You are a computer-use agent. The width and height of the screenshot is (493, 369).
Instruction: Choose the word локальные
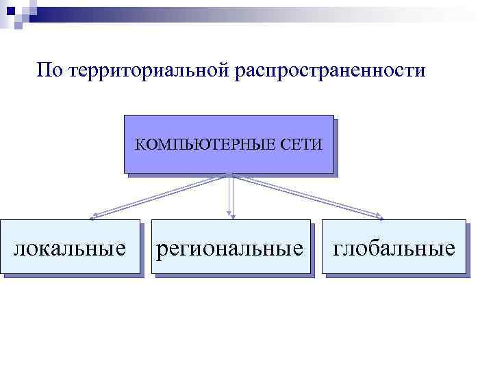(70, 248)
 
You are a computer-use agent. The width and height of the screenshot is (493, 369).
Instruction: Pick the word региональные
(230, 248)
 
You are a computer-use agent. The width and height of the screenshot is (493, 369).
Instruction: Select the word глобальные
(394, 248)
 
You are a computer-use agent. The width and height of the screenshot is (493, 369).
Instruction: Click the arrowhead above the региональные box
(231, 216)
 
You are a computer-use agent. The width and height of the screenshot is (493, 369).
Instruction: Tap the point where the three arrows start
(231, 174)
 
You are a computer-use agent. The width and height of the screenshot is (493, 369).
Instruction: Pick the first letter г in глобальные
(338, 249)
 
